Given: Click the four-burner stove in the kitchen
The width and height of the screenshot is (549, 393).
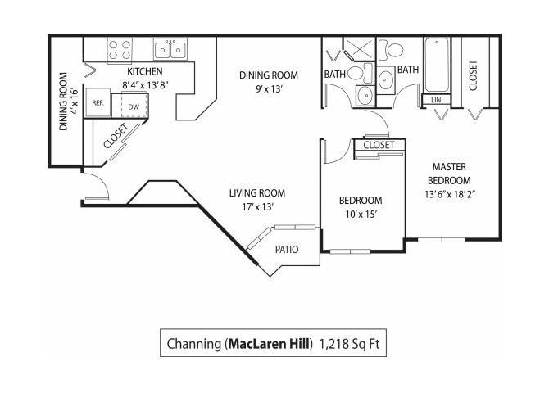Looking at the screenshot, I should click(120, 48).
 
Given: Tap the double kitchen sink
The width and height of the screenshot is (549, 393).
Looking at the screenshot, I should click(171, 49).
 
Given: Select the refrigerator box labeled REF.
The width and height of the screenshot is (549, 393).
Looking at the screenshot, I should click(98, 103).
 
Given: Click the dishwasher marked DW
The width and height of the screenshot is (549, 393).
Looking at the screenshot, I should click(133, 105).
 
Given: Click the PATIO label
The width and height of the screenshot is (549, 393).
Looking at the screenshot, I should click(287, 250).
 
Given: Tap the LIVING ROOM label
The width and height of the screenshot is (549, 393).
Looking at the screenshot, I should click(257, 193).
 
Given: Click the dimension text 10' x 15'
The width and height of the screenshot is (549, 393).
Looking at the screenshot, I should click(361, 215).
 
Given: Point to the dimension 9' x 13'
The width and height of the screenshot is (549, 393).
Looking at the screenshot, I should click(269, 88).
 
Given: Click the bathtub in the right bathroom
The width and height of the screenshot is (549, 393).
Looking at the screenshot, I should click(436, 65).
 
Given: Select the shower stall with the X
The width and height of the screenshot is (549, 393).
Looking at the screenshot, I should click(358, 47).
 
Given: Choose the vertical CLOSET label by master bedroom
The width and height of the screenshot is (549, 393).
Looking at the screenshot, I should click(473, 75).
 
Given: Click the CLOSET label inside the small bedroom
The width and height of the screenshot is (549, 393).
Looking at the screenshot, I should click(379, 145).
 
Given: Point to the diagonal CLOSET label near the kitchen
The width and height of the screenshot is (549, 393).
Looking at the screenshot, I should click(116, 137).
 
